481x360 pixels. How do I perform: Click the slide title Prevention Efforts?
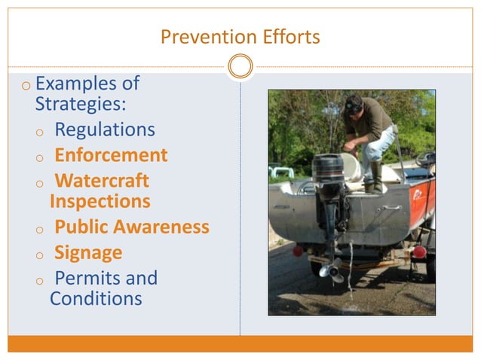(240, 36)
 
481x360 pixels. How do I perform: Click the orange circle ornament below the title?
(240, 67)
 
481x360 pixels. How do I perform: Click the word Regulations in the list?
(105, 130)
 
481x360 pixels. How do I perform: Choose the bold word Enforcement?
(111, 156)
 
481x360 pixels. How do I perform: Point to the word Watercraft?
(103, 182)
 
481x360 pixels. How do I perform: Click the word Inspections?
(100, 202)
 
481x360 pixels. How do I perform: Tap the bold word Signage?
(88, 253)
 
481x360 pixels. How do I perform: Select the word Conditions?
(96, 299)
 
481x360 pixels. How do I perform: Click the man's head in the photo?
(355, 105)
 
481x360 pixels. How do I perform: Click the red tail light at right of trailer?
(419, 252)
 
